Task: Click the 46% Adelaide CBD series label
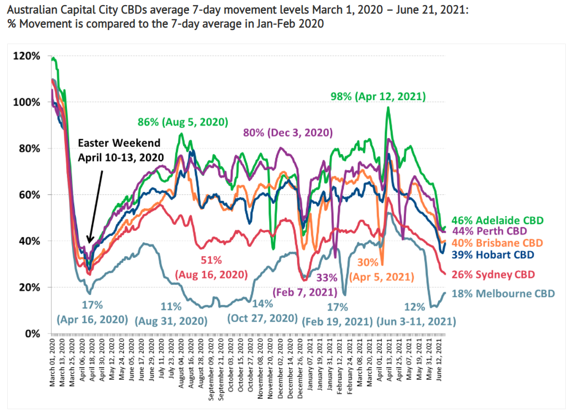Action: (x=497, y=220)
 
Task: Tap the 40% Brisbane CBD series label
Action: (x=497, y=243)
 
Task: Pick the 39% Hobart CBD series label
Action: (x=493, y=254)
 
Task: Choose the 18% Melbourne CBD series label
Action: (x=504, y=294)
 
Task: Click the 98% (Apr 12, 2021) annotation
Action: (x=379, y=96)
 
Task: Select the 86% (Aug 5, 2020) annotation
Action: (x=183, y=122)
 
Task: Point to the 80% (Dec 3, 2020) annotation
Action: (x=287, y=132)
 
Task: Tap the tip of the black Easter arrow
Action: (x=89, y=243)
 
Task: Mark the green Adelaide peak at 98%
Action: (x=387, y=108)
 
